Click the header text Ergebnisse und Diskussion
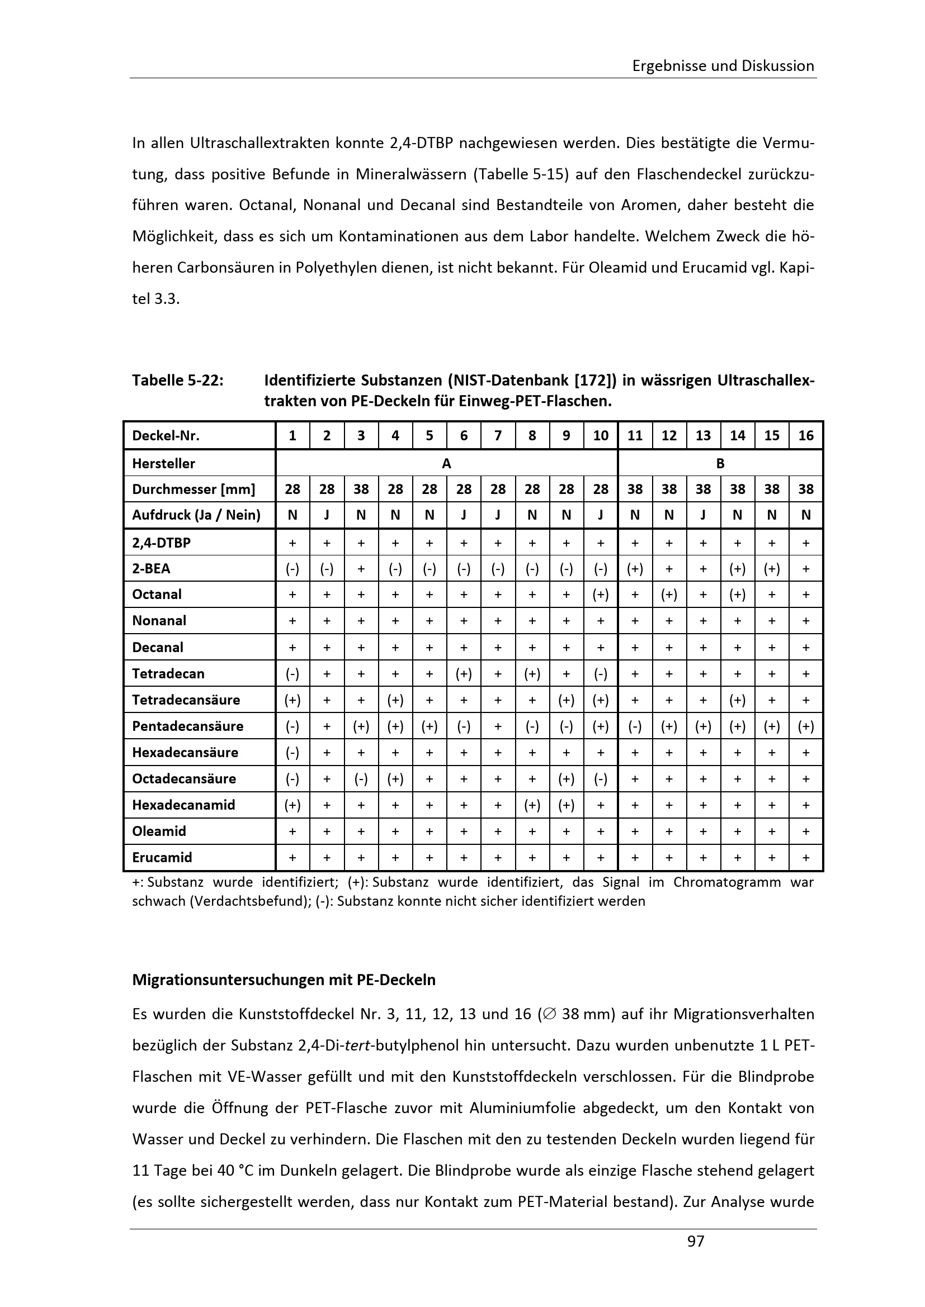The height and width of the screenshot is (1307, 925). coord(723,66)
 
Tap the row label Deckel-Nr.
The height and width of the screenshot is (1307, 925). coord(166,435)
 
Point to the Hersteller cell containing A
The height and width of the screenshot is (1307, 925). coord(446,463)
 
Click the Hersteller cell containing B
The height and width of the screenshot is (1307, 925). coord(720,463)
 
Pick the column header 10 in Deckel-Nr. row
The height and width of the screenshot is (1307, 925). coord(600,435)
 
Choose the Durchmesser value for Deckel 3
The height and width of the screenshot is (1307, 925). coord(361,489)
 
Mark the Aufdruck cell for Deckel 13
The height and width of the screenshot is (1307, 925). coord(703,515)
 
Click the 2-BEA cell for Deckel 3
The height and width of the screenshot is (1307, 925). coord(361,569)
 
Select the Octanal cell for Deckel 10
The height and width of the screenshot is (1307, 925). coord(600,595)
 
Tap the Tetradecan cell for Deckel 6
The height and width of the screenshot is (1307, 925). coord(464,673)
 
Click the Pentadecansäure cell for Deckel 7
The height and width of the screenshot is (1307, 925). coord(498,726)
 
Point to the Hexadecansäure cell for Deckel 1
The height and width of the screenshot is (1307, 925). coord(292,752)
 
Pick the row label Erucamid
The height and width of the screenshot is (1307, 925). coord(162,857)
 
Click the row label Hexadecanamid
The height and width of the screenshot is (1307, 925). coord(183,804)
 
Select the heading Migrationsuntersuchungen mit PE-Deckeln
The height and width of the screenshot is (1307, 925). coord(284,980)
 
